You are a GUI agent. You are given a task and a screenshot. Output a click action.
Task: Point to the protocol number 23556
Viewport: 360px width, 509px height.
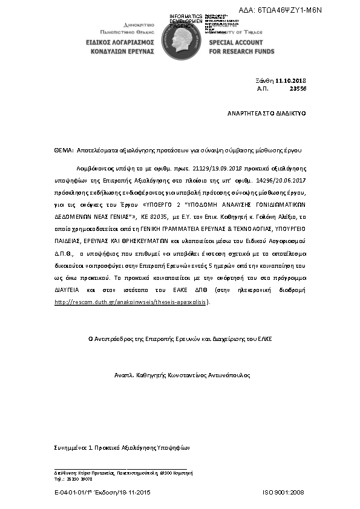pos(298,88)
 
